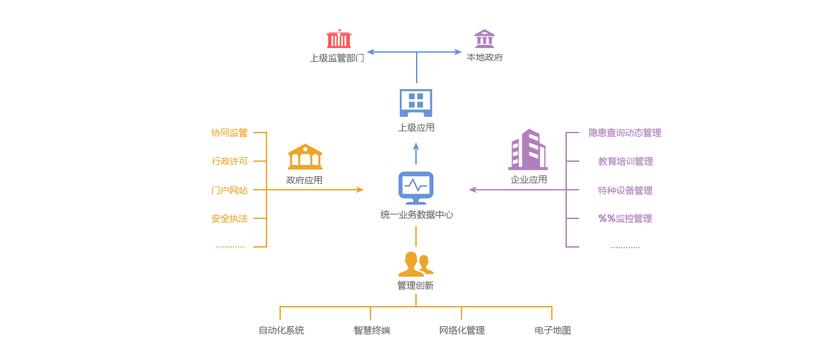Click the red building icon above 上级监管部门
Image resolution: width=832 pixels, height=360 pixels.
click(339, 38)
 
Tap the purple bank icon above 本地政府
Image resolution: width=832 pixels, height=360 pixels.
click(484, 38)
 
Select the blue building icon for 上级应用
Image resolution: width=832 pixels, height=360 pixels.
click(416, 103)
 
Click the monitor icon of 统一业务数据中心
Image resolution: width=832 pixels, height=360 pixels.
click(416, 188)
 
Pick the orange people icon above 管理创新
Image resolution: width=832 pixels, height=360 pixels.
click(415, 264)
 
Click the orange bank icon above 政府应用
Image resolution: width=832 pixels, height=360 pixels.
click(305, 156)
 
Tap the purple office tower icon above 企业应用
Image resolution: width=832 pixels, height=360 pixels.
click(528, 149)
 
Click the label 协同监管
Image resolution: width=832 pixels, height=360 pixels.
click(229, 133)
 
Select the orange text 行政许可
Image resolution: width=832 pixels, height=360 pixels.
click(229, 161)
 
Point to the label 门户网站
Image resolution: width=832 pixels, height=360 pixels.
click(229, 190)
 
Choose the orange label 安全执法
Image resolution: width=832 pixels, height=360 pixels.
click(229, 218)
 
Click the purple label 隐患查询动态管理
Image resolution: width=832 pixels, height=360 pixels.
click(625, 133)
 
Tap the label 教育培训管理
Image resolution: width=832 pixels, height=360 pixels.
click(625, 161)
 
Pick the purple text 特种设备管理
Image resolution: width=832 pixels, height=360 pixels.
click(625, 190)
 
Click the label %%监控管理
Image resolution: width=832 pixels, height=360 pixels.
click(625, 218)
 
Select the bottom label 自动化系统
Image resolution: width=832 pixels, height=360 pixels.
click(281, 330)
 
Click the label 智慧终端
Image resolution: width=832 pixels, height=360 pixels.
click(372, 330)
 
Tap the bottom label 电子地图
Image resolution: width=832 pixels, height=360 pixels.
click(552, 330)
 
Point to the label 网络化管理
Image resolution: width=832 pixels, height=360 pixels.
click(461, 330)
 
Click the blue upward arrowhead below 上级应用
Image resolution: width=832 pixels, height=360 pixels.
click(416, 147)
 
